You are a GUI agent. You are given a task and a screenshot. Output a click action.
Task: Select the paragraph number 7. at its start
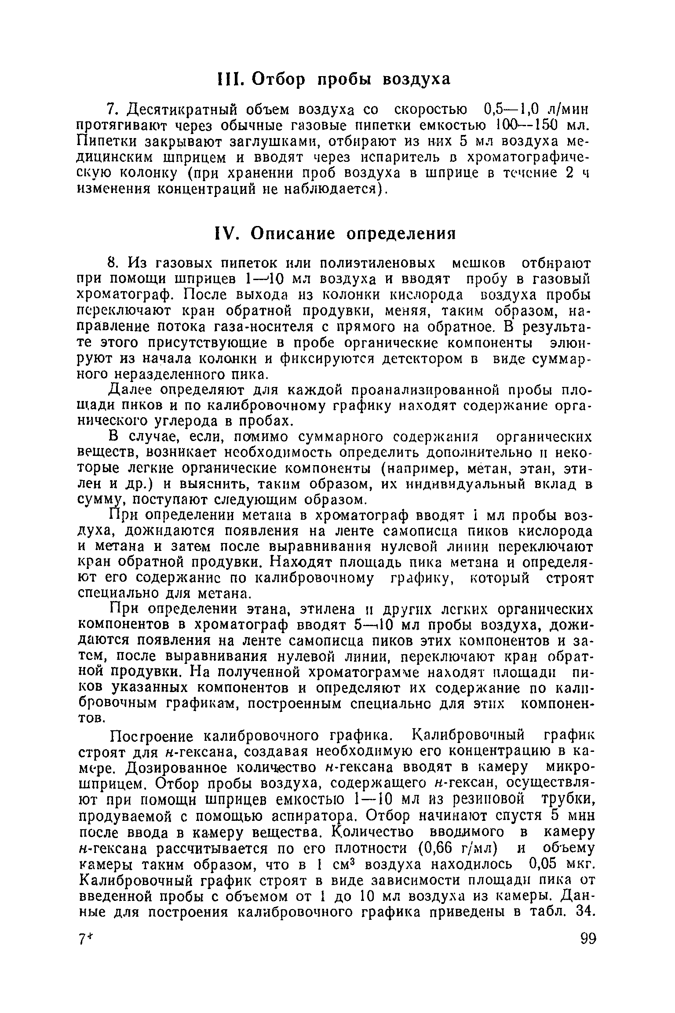point(111,109)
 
